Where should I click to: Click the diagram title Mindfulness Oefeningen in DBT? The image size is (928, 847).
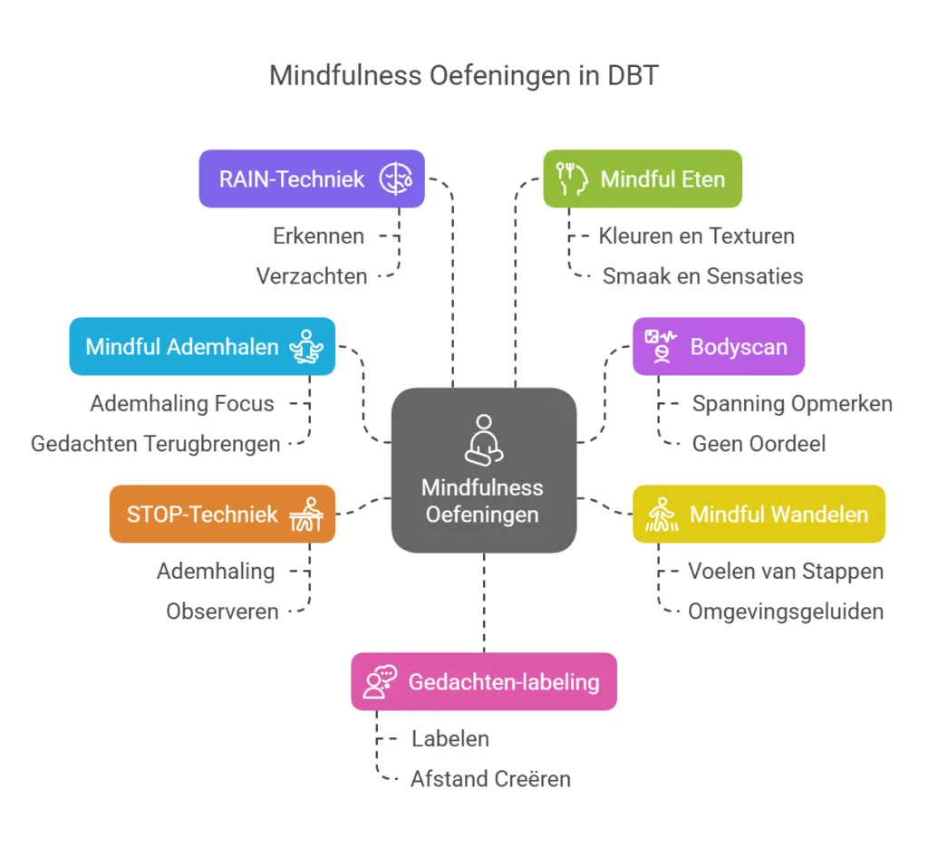click(x=463, y=75)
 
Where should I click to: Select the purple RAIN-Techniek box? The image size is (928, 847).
click(x=311, y=178)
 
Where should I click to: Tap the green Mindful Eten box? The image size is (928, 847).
click(x=643, y=178)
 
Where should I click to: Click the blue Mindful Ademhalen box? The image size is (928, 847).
click(x=201, y=346)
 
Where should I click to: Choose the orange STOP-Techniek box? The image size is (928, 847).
click(x=221, y=514)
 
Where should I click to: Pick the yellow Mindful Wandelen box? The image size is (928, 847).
click(x=758, y=514)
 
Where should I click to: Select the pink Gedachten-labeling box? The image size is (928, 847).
click(x=483, y=681)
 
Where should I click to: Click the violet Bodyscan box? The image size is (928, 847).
click(x=718, y=346)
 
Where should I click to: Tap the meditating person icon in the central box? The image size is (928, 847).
click(x=483, y=438)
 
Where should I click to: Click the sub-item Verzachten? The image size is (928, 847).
click(x=312, y=275)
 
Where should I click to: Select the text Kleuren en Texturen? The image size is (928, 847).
click(x=696, y=236)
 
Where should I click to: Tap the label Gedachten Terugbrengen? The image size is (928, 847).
click(x=155, y=443)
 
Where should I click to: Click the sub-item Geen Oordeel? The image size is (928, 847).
click(x=759, y=443)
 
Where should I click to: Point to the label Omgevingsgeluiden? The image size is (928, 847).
click(x=785, y=611)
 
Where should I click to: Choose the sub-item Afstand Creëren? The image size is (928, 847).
click(x=490, y=778)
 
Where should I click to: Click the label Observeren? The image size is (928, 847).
click(x=222, y=611)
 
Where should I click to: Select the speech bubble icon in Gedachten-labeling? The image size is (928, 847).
click(x=380, y=681)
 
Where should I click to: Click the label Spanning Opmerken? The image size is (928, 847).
click(x=792, y=404)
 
